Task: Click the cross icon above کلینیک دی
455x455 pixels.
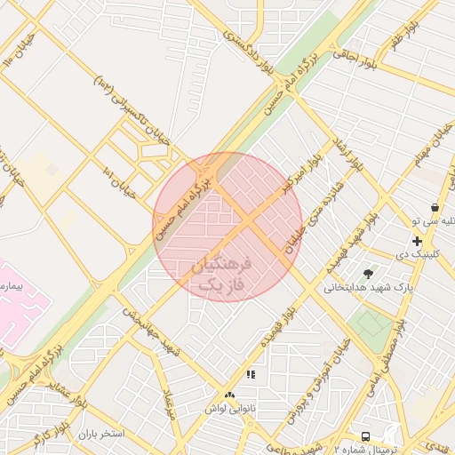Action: pyautogui.click(x=416, y=241)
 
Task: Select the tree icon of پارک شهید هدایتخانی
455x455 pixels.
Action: pyautogui.click(x=369, y=272)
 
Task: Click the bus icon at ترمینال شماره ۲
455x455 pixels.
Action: pyautogui.click(x=365, y=436)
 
